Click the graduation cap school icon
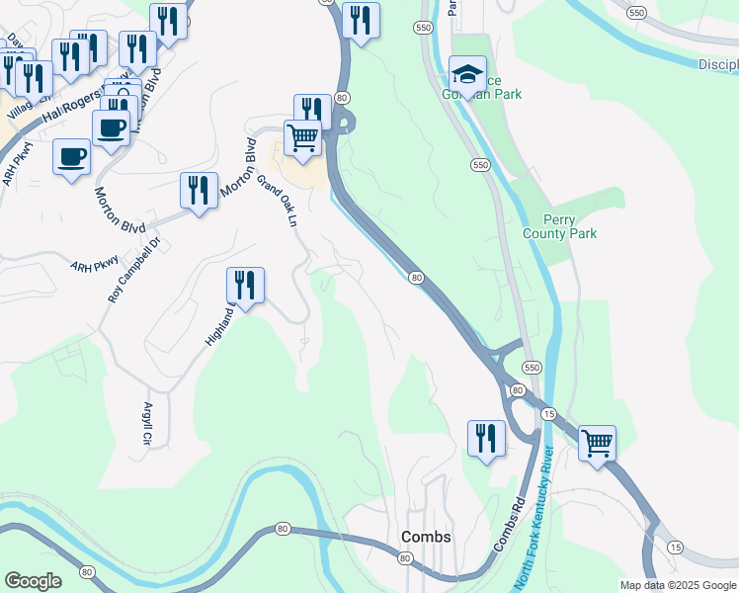click(x=467, y=73)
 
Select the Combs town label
click(x=426, y=537)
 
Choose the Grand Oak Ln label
click(x=278, y=202)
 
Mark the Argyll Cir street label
click(x=147, y=422)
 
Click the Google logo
click(x=33, y=581)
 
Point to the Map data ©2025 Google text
click(x=677, y=585)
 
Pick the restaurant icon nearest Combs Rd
click(x=485, y=438)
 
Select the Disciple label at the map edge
click(x=717, y=64)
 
